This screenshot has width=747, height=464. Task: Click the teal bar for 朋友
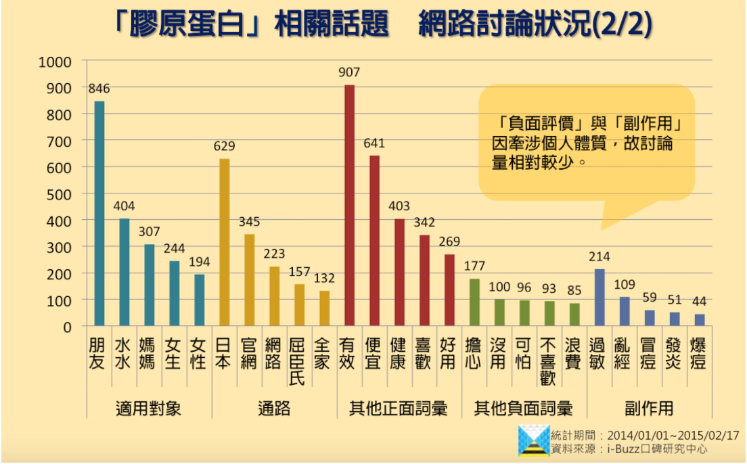[99, 214]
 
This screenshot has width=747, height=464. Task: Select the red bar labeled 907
[349, 206]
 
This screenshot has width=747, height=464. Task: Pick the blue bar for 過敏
[599, 298]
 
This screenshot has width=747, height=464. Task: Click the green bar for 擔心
[474, 302]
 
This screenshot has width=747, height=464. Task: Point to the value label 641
[374, 143]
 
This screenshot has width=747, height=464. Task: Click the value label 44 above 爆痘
[700, 302]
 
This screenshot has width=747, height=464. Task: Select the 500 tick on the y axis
[56, 194]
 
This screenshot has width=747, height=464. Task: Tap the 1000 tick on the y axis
[54, 62]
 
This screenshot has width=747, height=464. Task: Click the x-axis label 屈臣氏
[298, 361]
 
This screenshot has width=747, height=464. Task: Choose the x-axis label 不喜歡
[548, 361]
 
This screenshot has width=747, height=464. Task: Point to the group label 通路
[274, 409]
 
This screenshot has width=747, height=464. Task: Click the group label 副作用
[650, 409]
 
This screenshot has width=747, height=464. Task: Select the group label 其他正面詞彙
[399, 409]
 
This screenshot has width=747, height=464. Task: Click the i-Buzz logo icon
[534, 440]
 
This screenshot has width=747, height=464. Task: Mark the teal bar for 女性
[199, 300]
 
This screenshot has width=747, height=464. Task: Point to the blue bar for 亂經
[625, 311]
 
